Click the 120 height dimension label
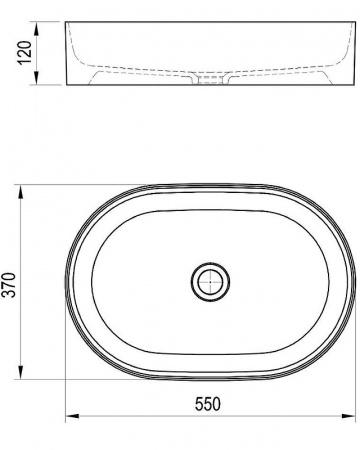25,53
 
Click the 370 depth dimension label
9,285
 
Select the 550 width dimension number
207,404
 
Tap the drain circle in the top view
210,282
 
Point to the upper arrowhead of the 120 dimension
37,28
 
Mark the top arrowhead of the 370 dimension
21,192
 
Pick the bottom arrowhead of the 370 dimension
21,373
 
